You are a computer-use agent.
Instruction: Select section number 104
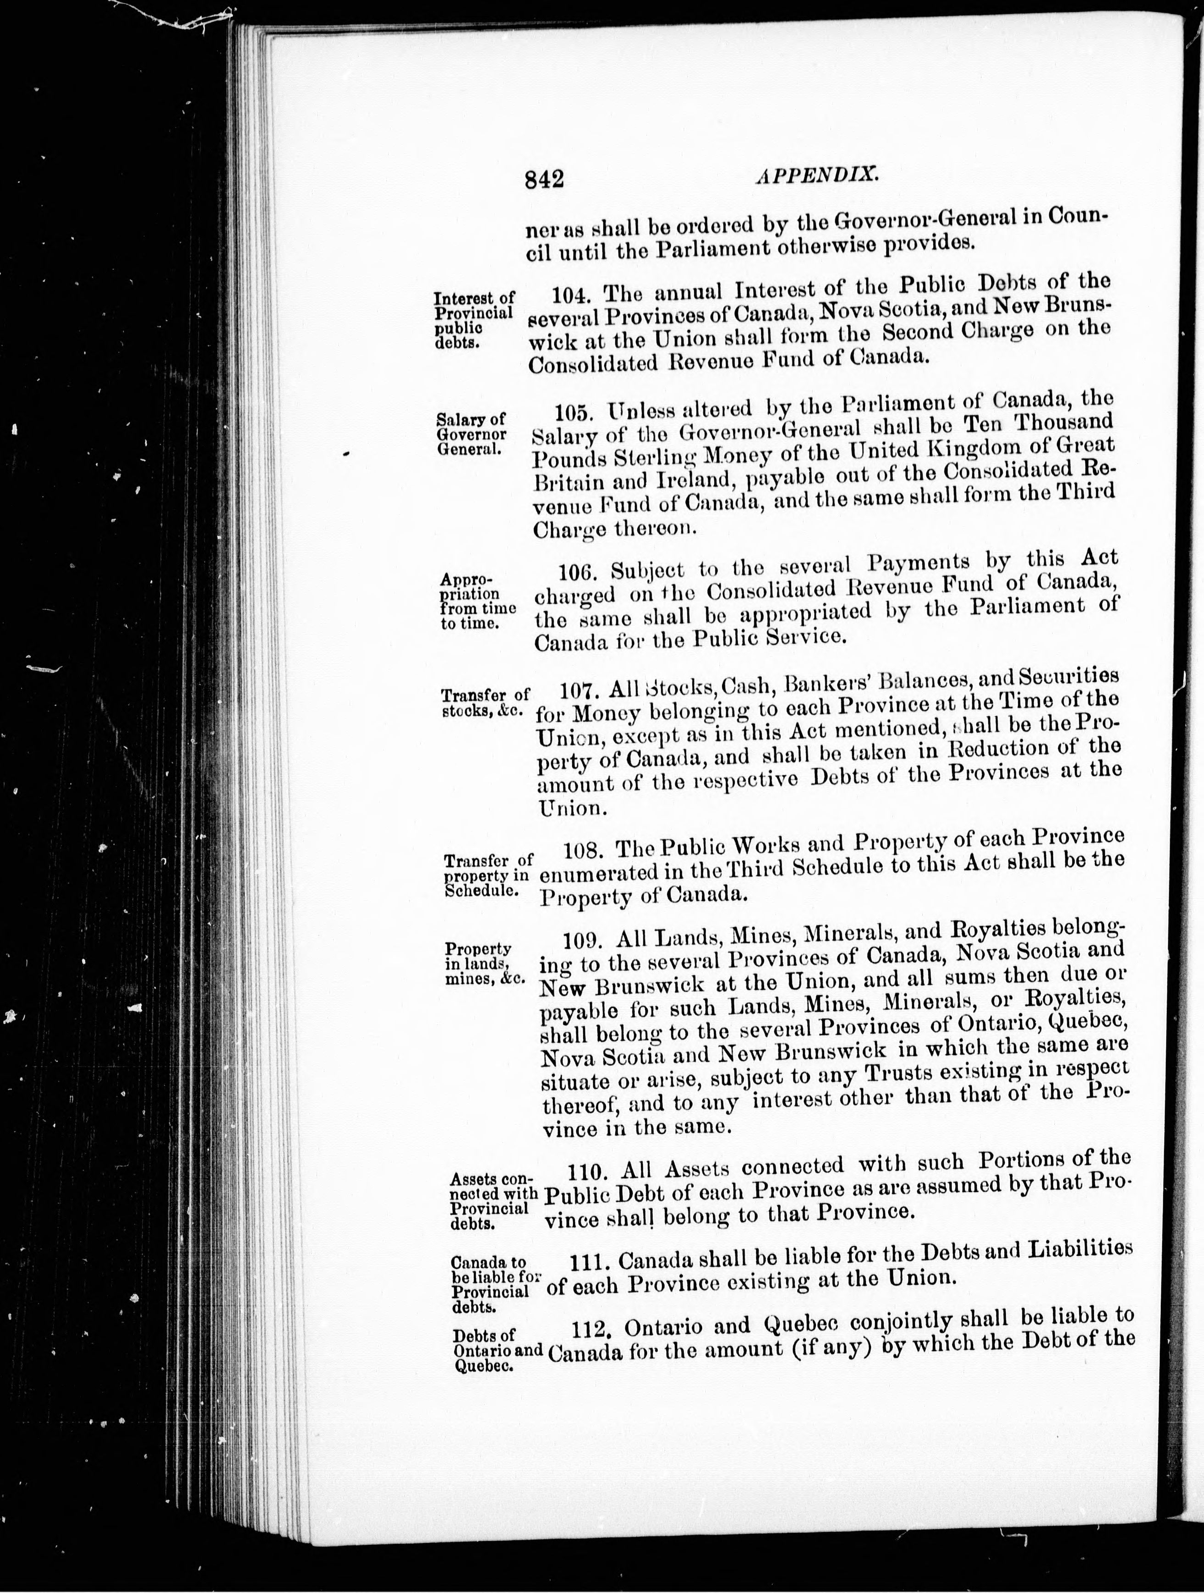click(573, 296)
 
